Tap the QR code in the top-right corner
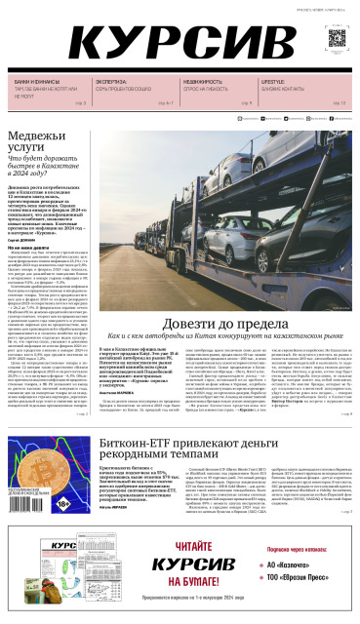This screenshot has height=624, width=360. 336,38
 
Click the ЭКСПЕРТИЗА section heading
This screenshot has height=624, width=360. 111,82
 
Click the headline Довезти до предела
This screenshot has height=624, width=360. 237,349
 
